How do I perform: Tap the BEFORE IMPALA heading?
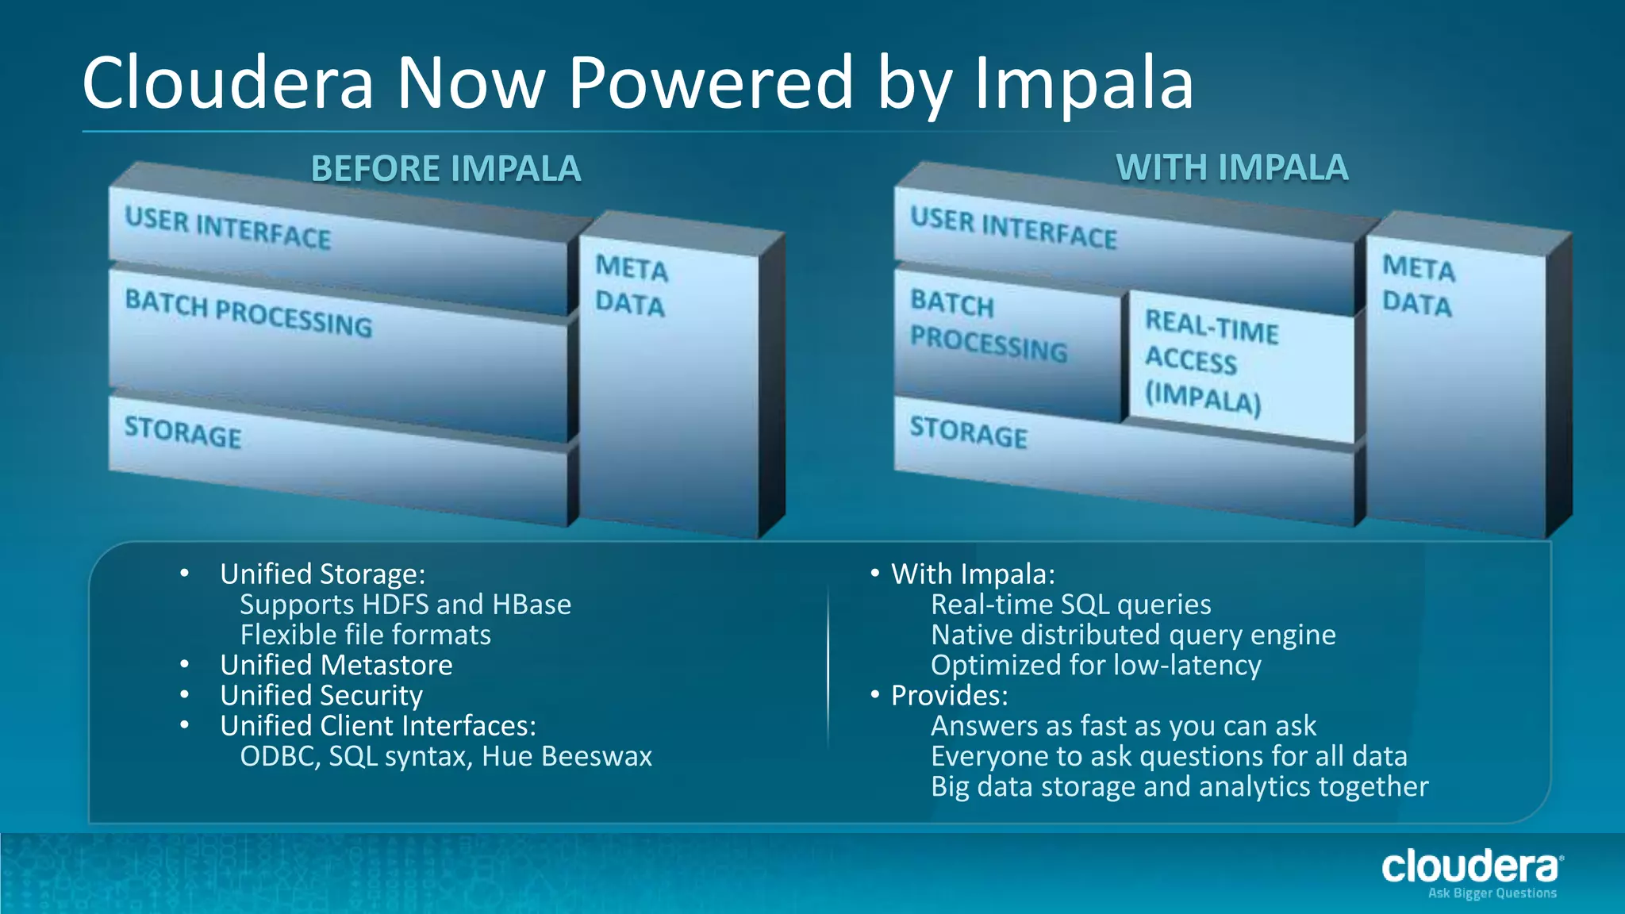(445, 169)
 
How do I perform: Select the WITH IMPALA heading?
(1231, 167)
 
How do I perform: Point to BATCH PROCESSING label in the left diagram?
(248, 313)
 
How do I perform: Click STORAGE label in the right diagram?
(968, 432)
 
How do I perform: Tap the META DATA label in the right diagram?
(1418, 286)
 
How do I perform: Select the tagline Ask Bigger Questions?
(1492, 893)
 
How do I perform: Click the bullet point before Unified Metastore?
(184, 664)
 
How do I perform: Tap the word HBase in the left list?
(531, 605)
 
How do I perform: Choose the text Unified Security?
(321, 695)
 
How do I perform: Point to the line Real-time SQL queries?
(1070, 605)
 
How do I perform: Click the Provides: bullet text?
(949, 696)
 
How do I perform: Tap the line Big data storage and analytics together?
(1179, 786)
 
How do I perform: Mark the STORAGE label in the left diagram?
(182, 432)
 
